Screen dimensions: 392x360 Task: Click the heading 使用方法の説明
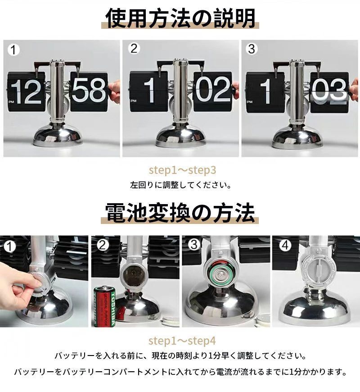point(180,18)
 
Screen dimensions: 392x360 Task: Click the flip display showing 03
point(329,92)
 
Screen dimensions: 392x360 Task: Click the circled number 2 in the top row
point(134,49)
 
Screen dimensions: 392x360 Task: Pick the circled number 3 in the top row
point(252,49)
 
